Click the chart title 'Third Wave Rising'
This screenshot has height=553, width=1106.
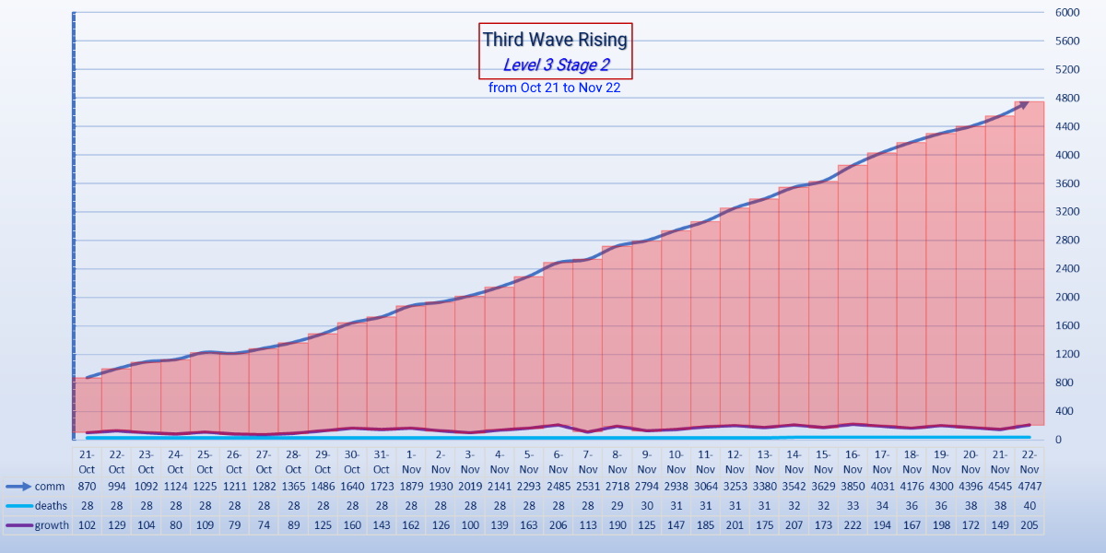[555, 40]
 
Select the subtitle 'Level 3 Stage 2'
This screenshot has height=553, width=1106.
[556, 65]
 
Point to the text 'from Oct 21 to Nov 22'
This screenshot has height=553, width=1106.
[555, 88]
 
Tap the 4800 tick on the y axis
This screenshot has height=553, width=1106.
[1067, 98]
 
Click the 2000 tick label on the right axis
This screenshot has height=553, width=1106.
[1067, 297]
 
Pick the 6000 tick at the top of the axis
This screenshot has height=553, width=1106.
[1067, 12]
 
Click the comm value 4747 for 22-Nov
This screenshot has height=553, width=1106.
[1030, 487]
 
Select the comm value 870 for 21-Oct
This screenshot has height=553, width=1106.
[87, 487]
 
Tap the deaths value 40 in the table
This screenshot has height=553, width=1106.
[1030, 506]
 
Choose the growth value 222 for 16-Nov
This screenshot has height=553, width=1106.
[853, 524]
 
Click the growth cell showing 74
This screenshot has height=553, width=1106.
[264, 524]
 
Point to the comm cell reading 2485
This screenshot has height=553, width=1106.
[559, 487]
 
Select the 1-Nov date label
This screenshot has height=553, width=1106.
[411, 462]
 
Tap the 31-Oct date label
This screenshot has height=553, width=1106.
[382, 462]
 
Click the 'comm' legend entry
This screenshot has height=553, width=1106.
[50, 487]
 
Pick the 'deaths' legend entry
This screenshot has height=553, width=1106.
[51, 506]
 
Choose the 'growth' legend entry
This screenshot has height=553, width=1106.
[52, 524]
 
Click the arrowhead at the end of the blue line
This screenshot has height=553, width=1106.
[1024, 105]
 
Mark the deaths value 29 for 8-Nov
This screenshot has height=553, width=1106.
[618, 506]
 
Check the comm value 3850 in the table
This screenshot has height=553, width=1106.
[853, 487]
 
